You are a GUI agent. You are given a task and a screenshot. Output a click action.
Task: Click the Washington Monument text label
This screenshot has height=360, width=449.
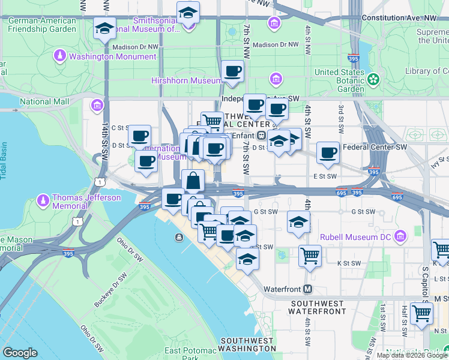tap(112, 57)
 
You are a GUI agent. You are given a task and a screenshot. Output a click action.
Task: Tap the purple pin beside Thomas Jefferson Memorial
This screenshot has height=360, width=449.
tap(43, 199)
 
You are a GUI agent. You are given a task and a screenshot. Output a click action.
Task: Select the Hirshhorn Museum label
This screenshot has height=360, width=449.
tap(187, 80)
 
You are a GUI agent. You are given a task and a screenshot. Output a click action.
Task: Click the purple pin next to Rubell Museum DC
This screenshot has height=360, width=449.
tap(402, 237)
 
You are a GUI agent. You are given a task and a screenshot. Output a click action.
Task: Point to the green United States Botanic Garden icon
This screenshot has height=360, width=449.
tap(374, 79)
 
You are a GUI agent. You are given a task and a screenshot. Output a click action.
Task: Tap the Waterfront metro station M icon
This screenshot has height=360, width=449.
tap(308, 289)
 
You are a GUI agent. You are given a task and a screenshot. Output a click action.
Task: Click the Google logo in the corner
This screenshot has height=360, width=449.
tap(20, 353)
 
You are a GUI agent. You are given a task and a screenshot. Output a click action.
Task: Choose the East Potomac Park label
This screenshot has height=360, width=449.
tap(190, 354)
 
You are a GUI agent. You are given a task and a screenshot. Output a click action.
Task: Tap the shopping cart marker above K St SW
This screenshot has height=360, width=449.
tap(310, 256)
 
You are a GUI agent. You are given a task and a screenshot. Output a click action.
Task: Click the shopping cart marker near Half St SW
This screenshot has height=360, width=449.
tap(422, 312)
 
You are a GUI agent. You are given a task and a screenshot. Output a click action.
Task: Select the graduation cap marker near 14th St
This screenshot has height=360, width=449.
tap(105, 28)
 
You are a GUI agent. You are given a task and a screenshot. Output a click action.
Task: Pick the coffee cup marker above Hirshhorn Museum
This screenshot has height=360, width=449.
tap(233, 71)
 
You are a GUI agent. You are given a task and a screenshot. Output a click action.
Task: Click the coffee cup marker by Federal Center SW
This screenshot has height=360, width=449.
tap(328, 152)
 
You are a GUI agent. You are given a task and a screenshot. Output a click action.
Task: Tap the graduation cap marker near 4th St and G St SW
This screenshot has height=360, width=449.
tap(298, 222)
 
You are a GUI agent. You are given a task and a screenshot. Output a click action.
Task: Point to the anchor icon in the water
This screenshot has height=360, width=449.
tap(179, 238)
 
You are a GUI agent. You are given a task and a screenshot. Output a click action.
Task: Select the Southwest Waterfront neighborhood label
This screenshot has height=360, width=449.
tap(317, 307)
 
